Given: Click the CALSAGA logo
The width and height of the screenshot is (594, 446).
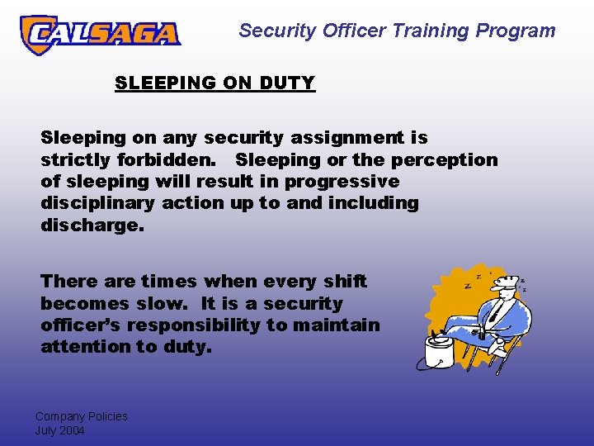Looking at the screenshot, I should pyautogui.click(x=99, y=34).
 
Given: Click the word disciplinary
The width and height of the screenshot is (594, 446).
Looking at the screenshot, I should pyautogui.click(x=98, y=202).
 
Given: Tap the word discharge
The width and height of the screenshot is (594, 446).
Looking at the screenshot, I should pyautogui.click(x=92, y=224).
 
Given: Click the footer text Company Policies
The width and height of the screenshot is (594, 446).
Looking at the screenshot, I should pyautogui.click(x=81, y=416).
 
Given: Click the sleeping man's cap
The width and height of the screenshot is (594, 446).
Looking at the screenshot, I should pyautogui.click(x=504, y=283).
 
